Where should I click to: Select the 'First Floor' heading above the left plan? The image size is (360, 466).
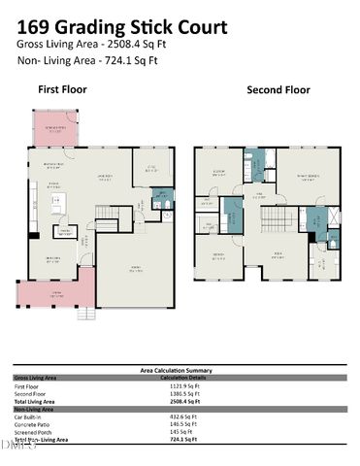tap(62, 89)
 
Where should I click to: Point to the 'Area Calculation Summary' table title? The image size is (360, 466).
tap(180, 370)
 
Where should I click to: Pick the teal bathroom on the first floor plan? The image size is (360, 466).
tap(161, 202)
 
